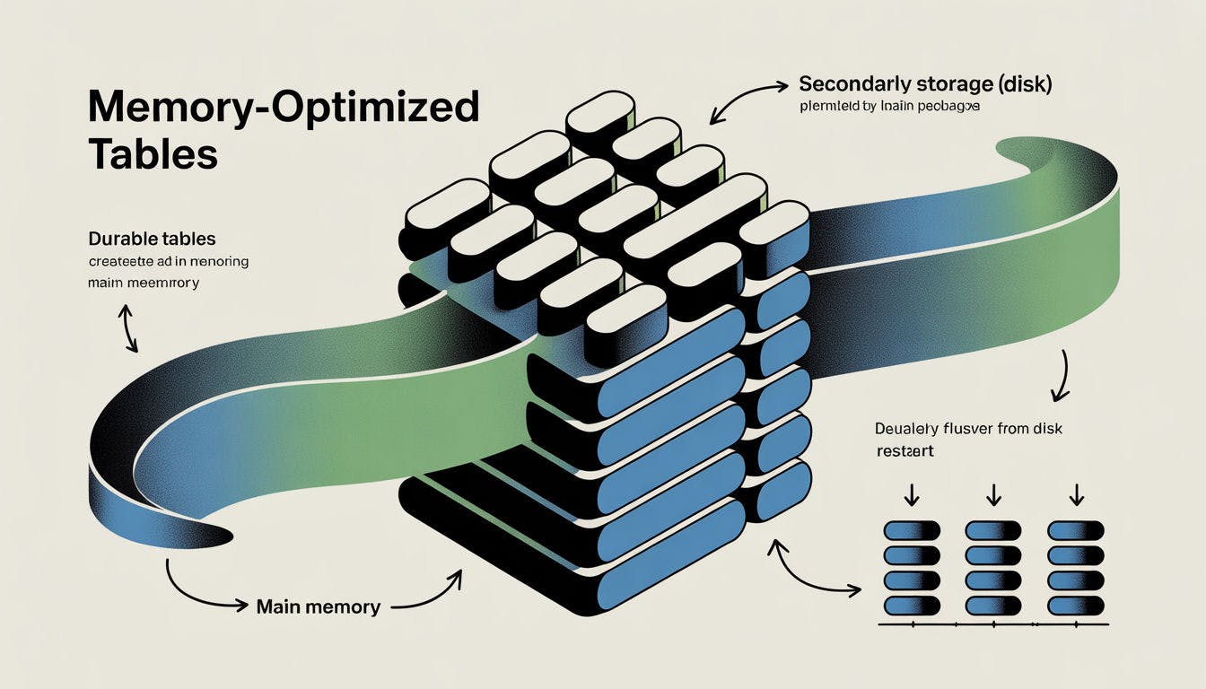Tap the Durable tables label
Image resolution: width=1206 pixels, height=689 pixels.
coord(152,240)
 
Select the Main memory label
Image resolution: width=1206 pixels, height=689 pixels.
coord(318,607)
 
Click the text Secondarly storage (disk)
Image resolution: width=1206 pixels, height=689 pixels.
coord(924,85)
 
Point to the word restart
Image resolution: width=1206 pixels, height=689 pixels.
coord(904,451)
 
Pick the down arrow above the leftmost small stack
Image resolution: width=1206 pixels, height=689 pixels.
coord(911,494)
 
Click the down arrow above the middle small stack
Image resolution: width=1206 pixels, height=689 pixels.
coord(992,494)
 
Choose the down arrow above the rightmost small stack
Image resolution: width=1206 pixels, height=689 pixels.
coord(1077,494)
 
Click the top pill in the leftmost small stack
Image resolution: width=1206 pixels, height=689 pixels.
coord(912,530)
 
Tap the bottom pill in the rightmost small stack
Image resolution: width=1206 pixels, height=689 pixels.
coord(1076,605)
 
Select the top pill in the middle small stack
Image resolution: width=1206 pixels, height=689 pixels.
coord(993,530)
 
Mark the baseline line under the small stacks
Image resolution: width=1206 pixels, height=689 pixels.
coord(992,623)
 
